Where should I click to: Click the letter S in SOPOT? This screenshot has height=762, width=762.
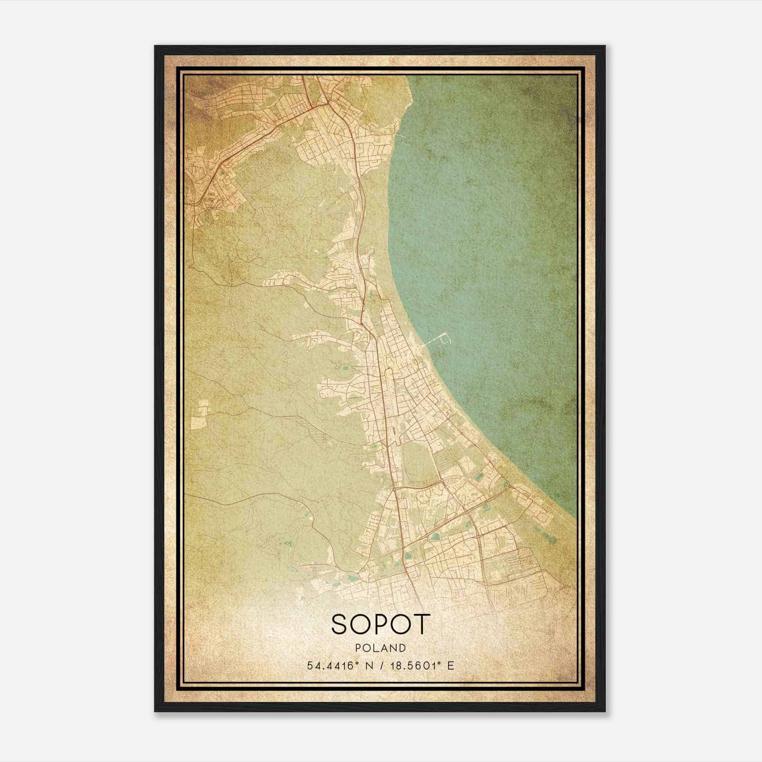pyautogui.click(x=340, y=624)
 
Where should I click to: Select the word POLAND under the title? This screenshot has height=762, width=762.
pyautogui.click(x=381, y=648)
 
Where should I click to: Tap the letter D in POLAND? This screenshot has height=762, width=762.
pyautogui.click(x=403, y=648)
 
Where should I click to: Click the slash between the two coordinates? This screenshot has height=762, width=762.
pyautogui.click(x=381, y=665)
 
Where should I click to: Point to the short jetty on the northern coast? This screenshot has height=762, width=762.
pyautogui.click(x=399, y=136)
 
